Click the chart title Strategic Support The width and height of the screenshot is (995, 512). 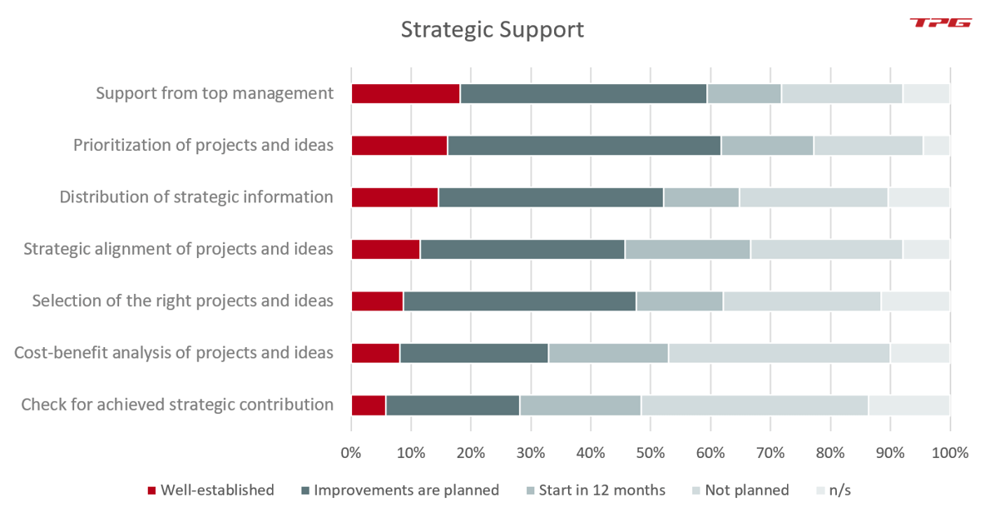click(x=492, y=30)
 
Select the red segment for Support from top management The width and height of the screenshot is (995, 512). click(x=405, y=93)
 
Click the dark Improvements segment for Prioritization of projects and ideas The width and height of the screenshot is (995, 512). click(x=583, y=146)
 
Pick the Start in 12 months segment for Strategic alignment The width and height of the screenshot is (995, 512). click(x=687, y=249)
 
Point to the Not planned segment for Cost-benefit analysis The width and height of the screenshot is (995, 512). click(x=779, y=353)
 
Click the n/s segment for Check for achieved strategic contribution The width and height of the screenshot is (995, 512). click(x=908, y=405)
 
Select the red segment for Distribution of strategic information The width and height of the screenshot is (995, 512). click(x=394, y=197)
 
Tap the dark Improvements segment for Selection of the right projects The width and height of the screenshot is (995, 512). click(x=519, y=301)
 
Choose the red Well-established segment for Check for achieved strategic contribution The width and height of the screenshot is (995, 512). click(x=368, y=405)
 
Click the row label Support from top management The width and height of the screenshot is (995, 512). click(x=215, y=93)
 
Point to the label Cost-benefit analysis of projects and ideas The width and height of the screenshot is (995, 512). click(x=174, y=353)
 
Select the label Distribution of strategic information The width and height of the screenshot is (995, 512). click(x=196, y=197)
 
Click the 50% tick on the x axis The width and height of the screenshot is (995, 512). click(x=650, y=454)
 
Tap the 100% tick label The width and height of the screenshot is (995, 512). click(x=949, y=454)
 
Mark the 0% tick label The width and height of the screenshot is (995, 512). click(x=351, y=454)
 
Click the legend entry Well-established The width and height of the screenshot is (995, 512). click(x=216, y=490)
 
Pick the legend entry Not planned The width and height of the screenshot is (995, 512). click(x=746, y=490)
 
